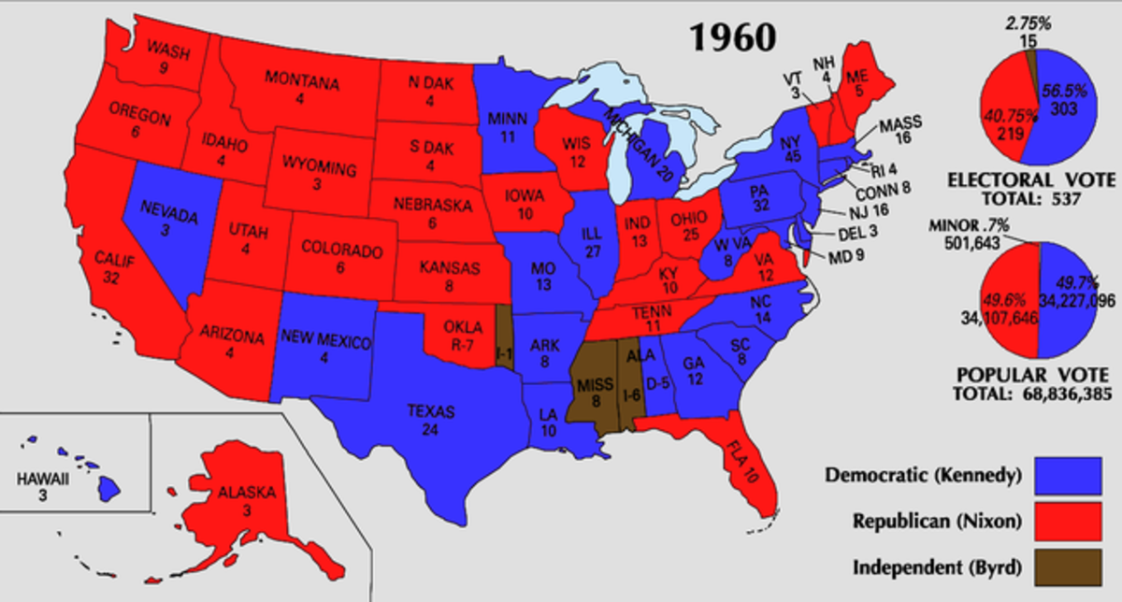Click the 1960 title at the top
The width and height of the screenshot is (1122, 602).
point(733,36)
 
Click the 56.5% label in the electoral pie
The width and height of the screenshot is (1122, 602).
point(1064,92)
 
